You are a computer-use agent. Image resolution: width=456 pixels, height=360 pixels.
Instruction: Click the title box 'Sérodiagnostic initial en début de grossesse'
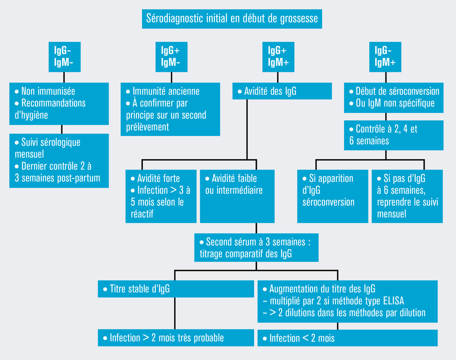pyautogui.click(x=232, y=19)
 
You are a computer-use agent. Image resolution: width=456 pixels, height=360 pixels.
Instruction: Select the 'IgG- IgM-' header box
pyautogui.click(x=64, y=57)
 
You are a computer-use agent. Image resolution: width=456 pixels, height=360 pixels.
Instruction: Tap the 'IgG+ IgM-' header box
pyautogui.click(x=171, y=57)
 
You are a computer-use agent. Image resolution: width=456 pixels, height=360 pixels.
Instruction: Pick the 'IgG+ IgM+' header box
pyautogui.click(x=278, y=57)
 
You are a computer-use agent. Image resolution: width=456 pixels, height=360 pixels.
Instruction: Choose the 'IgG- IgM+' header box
pyautogui.click(x=385, y=57)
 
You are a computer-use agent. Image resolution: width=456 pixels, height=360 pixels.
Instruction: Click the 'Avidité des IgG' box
pyautogui.click(x=282, y=91)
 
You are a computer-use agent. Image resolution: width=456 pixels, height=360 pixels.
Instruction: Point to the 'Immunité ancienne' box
pyautogui.click(x=170, y=109)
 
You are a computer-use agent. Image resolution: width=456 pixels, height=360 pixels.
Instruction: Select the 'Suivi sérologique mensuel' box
pyautogui.click(x=59, y=160)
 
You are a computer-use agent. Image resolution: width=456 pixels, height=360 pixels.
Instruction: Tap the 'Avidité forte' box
pyautogui.click(x=161, y=196)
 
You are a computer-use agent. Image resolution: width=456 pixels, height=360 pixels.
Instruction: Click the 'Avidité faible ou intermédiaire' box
pyautogui.click(x=237, y=196)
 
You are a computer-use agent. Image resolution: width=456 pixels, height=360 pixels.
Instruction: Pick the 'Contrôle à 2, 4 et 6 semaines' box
pyautogui.click(x=394, y=135)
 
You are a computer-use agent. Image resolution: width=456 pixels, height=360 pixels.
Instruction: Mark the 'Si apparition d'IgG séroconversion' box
pyautogui.click(x=332, y=196)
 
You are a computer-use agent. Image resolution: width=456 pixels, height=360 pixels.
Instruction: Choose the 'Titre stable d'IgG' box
pyautogui.click(x=176, y=289)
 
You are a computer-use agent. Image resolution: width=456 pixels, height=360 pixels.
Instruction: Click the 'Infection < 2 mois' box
pyautogui.click(x=347, y=338)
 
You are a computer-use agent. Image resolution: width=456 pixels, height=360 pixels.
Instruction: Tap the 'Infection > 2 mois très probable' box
pyautogui.click(x=176, y=338)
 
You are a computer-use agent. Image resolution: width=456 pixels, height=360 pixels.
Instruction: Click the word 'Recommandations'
pyautogui.click(x=53, y=103)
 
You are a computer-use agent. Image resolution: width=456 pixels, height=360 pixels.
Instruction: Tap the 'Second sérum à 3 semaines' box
pyautogui.click(x=256, y=248)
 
